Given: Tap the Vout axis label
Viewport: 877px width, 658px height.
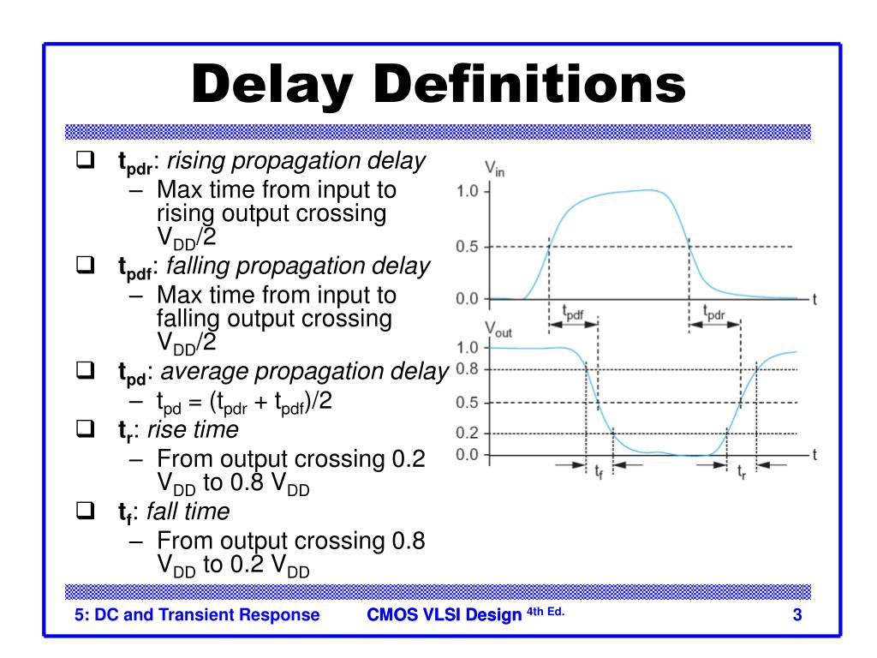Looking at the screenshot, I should pyautogui.click(x=498, y=329).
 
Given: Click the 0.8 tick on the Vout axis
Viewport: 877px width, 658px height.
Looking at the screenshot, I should pyautogui.click(x=467, y=369).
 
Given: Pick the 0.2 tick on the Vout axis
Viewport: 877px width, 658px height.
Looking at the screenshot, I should pyautogui.click(x=467, y=434).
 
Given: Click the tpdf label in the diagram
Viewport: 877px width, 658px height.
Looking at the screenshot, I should pyautogui.click(x=573, y=313).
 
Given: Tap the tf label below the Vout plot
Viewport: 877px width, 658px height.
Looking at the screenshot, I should pyautogui.click(x=599, y=470).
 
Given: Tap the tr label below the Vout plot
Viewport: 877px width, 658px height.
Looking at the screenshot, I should pyautogui.click(x=742, y=470).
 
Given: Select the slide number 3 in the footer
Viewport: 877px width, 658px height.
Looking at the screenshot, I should pyautogui.click(x=796, y=614).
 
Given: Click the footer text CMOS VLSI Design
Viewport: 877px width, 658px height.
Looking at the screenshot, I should pyautogui.click(x=444, y=614).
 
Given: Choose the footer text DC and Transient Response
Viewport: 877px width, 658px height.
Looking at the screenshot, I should pyautogui.click(x=197, y=614).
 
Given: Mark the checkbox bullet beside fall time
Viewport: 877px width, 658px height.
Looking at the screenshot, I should pyautogui.click(x=84, y=511).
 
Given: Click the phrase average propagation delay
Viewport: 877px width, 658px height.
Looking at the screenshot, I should pyautogui.click(x=304, y=372).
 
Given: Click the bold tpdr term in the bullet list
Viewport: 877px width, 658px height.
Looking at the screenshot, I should pyautogui.click(x=134, y=163).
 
